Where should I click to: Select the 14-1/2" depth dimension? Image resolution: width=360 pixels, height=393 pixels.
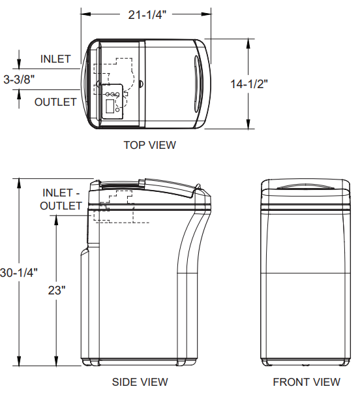247,84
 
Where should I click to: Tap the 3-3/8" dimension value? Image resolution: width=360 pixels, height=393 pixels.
19,80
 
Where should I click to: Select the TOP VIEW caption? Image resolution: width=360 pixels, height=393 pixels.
149,145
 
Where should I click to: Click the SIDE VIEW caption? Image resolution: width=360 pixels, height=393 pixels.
140,382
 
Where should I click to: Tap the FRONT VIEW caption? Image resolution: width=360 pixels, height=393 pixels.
306,382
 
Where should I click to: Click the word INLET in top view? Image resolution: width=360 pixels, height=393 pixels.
55,59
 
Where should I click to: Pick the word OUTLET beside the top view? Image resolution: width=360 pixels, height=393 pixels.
55,102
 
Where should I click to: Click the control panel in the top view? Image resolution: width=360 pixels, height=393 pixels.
112,102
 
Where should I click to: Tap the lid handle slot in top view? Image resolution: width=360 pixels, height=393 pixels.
197,82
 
